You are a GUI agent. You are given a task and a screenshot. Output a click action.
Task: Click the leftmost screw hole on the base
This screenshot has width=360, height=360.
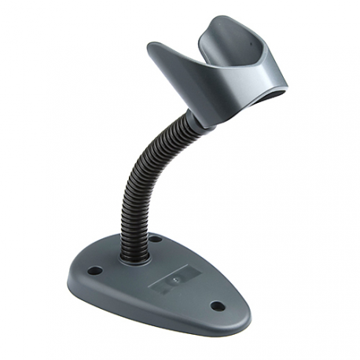click(x=95, y=271)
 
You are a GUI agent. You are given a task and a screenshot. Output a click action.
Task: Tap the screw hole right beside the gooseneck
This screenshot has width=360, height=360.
click(x=156, y=239)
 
